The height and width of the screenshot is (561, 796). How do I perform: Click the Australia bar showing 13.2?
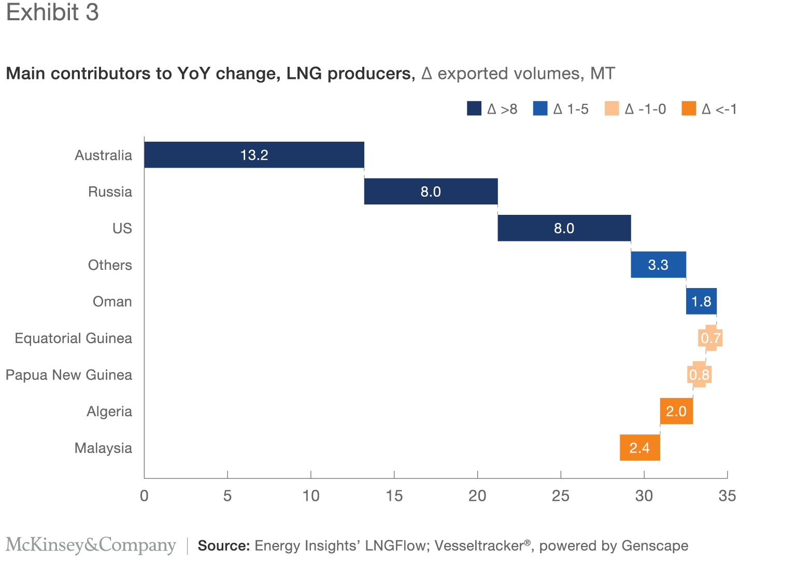tap(254, 155)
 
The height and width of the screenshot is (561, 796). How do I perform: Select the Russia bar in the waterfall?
tap(431, 191)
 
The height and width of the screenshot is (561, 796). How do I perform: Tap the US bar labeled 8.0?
tap(564, 228)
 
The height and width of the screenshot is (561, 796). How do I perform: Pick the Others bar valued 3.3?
tap(658, 265)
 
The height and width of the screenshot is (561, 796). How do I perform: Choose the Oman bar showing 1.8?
tap(701, 302)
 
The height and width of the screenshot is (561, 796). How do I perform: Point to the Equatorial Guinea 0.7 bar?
tap(710, 338)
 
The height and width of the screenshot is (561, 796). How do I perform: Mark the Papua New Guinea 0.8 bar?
tap(699, 375)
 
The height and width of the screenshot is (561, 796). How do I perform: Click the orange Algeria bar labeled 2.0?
tap(676, 411)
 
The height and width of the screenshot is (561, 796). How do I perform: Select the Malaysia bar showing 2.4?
tap(639, 448)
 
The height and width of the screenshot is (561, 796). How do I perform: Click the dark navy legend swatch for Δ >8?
tap(474, 108)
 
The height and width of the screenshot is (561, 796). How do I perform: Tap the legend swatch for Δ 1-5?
tap(540, 108)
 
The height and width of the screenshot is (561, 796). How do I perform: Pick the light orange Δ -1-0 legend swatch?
tap(612, 108)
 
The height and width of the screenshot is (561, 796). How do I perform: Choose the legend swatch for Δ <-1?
tap(689, 108)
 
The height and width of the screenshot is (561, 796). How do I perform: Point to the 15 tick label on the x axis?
tap(394, 496)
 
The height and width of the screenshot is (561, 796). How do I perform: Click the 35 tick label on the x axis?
tap(727, 496)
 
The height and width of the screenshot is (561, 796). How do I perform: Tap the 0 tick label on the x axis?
tap(144, 496)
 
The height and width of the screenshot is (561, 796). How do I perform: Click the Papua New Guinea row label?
tap(69, 375)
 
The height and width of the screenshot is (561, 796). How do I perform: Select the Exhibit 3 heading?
tap(52, 12)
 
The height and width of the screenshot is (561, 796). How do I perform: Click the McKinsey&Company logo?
tap(91, 545)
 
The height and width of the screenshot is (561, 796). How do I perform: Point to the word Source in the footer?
tap(224, 545)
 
